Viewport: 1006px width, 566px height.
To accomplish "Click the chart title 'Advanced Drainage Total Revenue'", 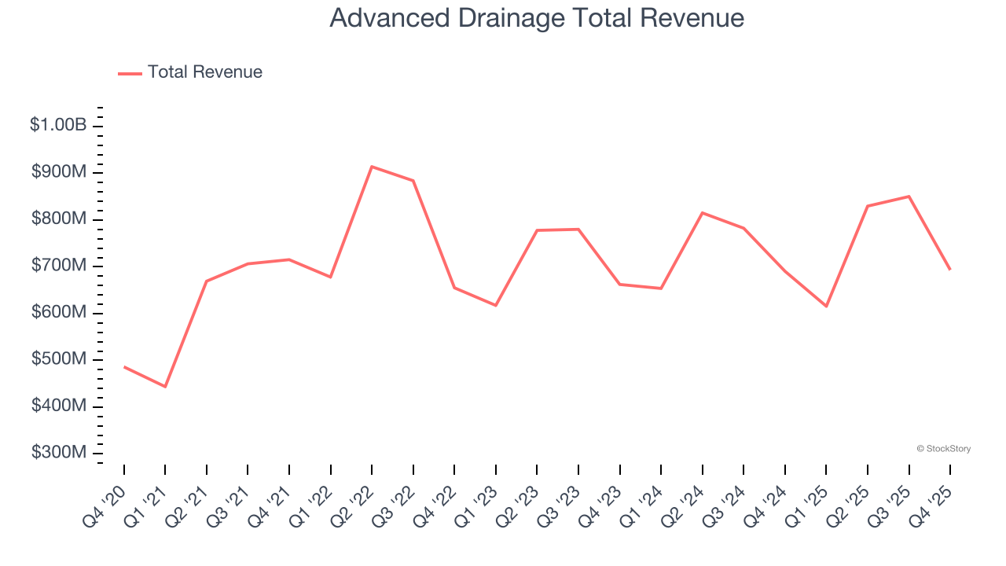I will [537, 17].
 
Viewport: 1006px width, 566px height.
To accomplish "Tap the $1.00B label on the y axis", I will [58, 125].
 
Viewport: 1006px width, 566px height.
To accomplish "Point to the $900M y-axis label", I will [60, 172].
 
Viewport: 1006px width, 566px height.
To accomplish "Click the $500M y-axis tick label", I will [60, 359].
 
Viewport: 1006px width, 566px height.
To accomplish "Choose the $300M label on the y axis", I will [60, 453].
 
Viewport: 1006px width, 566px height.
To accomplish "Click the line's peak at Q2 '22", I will [372, 167].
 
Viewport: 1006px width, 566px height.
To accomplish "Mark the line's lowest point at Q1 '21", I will [165, 387].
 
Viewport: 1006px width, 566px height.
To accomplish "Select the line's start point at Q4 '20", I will [124, 366].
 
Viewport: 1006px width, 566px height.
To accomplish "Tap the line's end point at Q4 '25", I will [950, 270].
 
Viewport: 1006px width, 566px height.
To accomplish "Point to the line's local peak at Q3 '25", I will [909, 197].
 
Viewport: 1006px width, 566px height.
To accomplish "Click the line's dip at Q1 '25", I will [826, 306].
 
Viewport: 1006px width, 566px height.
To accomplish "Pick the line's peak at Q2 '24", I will [702, 213].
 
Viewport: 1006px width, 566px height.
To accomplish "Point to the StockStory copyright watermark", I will [943, 449].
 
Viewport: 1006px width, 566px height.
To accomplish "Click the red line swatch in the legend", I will [130, 73].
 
